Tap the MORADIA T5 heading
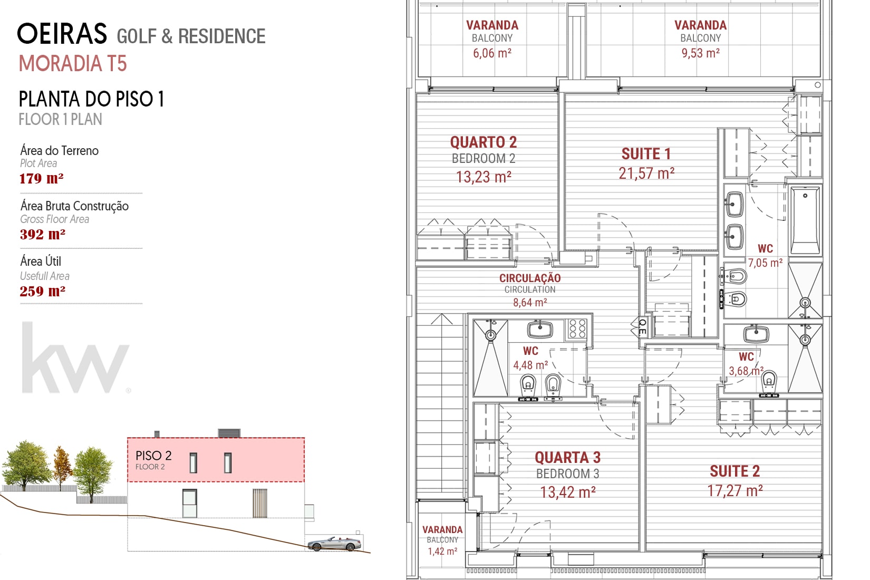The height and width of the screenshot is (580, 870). (73, 63)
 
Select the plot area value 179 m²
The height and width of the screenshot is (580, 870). (42, 178)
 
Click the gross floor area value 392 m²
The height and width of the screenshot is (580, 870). (42, 234)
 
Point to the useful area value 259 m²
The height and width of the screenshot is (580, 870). (42, 291)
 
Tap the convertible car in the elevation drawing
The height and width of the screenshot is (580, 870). (334, 544)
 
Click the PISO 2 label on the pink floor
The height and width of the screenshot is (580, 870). (153, 455)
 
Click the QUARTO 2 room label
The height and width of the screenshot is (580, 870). (484, 142)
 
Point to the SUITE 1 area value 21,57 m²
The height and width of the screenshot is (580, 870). (646, 173)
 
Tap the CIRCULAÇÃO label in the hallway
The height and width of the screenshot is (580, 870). (530, 278)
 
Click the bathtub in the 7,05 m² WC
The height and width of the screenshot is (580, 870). (805, 220)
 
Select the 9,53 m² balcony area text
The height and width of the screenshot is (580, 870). (701, 53)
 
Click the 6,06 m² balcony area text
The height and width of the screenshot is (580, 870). (492, 53)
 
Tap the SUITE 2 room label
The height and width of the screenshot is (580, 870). (735, 471)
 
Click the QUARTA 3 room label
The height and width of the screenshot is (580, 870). (568, 458)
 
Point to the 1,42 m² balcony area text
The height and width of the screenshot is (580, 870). (442, 551)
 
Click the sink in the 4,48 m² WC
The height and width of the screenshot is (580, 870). (540, 330)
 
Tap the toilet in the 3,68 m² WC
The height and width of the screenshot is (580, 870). (769, 381)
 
